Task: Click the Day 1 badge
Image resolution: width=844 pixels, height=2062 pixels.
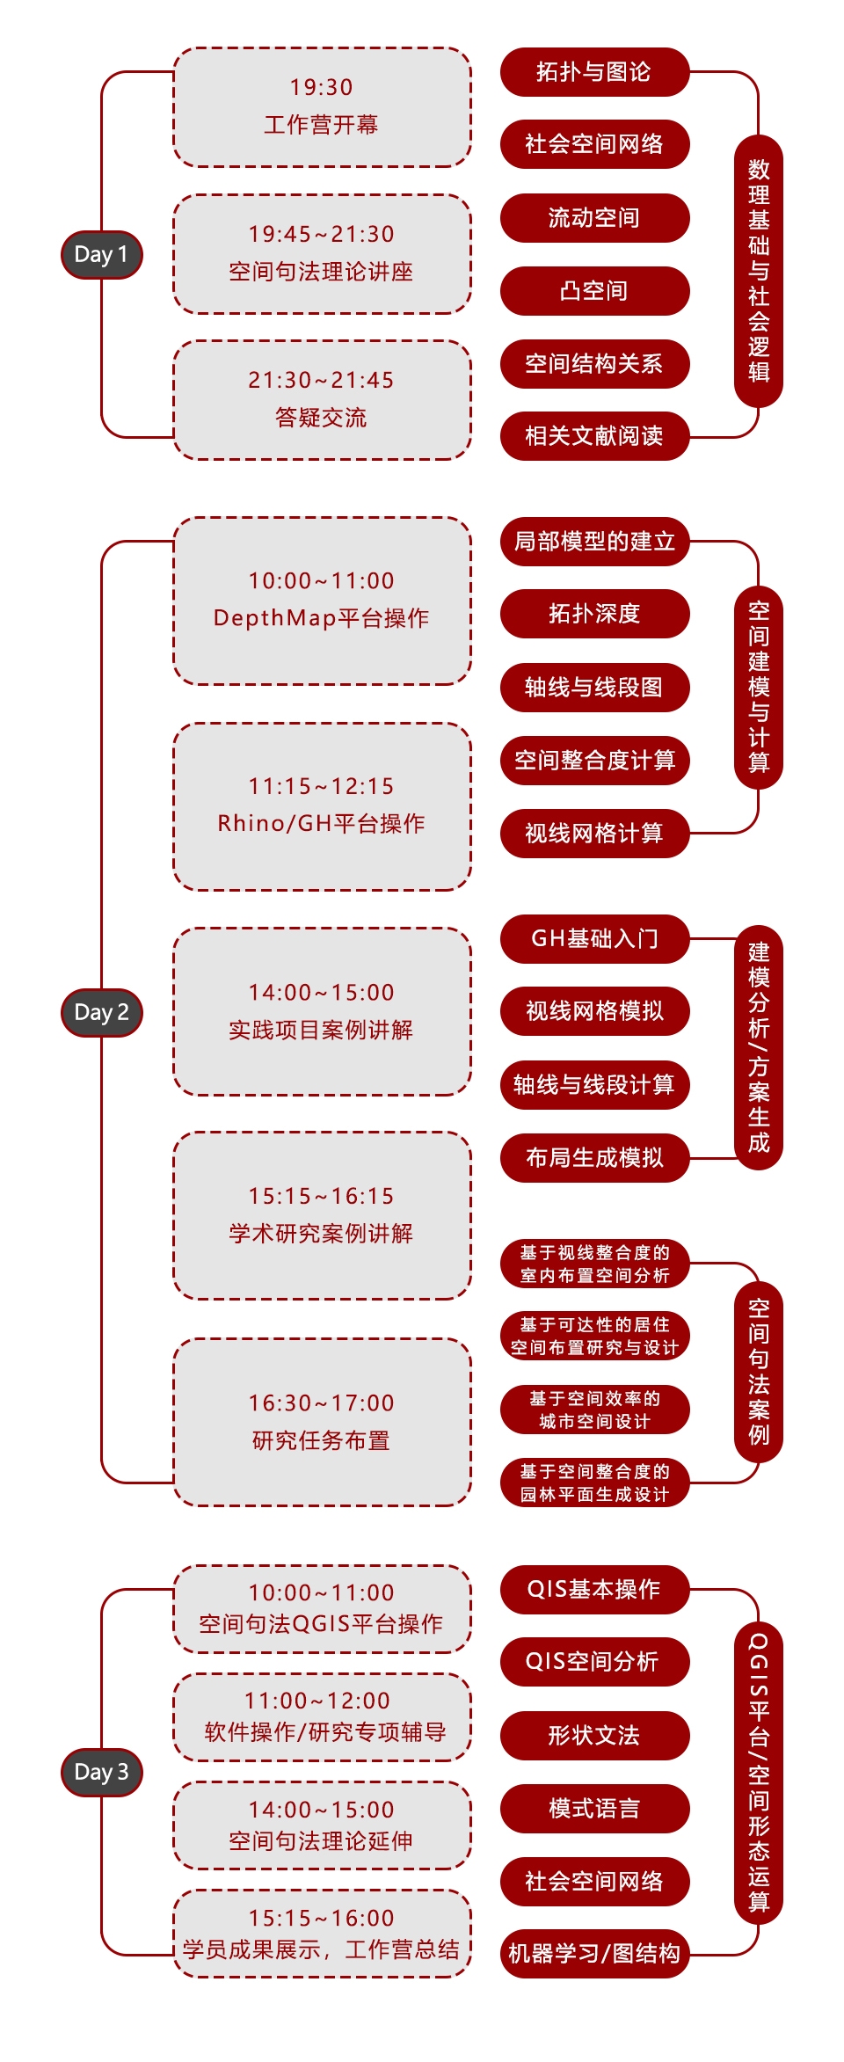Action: coord(101,255)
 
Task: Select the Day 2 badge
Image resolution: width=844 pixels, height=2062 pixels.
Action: coord(101,1012)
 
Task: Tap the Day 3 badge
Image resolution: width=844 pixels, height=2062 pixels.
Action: coord(101,1772)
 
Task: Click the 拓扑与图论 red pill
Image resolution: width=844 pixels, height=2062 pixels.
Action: coord(594,72)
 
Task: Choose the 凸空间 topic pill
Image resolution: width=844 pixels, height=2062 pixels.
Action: coord(594,291)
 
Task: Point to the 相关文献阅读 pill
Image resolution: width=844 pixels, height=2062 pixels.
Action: coord(594,436)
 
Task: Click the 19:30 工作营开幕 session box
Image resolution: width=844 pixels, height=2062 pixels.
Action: coord(322,107)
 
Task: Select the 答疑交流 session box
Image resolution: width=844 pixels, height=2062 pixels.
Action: coord(322,400)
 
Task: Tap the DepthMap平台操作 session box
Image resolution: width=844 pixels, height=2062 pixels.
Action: coord(322,601)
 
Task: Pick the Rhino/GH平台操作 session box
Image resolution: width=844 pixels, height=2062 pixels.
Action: coord(322,806)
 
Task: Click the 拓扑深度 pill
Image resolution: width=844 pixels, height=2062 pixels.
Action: coord(594,614)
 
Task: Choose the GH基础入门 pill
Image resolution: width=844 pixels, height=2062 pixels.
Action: coord(594,939)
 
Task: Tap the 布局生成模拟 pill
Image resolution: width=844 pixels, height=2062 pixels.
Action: coord(594,1158)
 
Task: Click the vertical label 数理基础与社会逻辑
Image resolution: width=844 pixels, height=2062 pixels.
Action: coord(758,271)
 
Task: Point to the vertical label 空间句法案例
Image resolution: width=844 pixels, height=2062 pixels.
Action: coord(758,1372)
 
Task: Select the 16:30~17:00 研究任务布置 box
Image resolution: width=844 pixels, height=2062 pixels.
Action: coord(322,1422)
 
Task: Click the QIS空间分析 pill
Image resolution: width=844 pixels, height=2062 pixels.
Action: coord(594,1662)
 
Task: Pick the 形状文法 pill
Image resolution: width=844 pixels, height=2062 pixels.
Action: coord(594,1736)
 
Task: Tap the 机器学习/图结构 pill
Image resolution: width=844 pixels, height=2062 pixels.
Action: coord(594,1954)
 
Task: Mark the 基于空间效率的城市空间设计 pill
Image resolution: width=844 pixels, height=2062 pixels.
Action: coord(594,1410)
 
